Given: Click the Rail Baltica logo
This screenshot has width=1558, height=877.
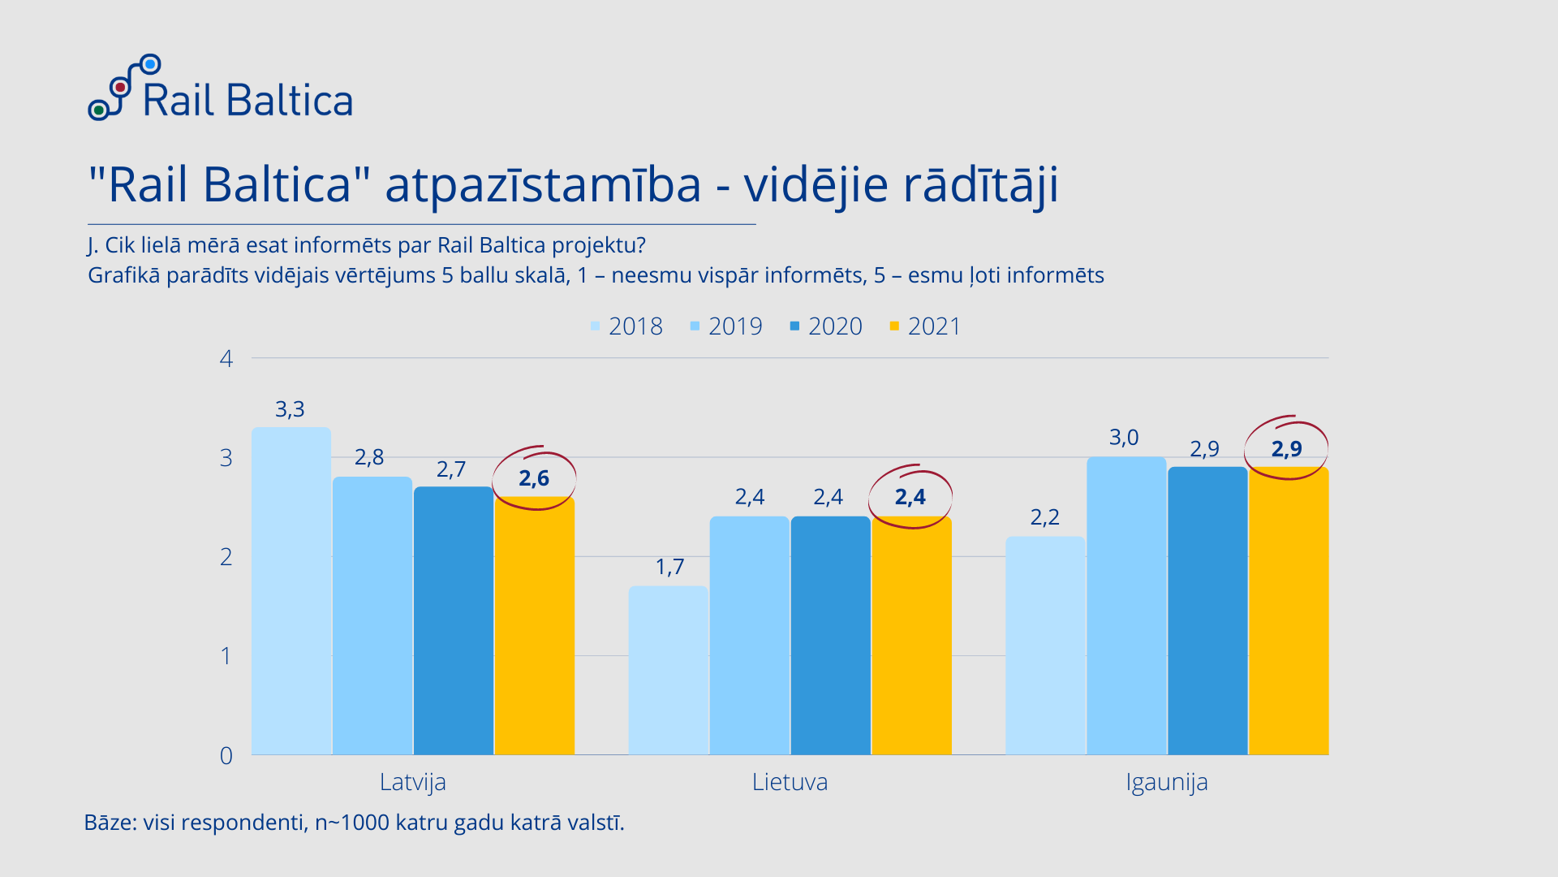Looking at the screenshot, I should [x=221, y=89].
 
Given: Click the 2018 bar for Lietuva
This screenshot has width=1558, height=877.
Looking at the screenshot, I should [x=669, y=670].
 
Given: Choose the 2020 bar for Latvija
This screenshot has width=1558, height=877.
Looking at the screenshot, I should [x=454, y=620].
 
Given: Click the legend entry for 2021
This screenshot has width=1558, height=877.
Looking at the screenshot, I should [x=925, y=326].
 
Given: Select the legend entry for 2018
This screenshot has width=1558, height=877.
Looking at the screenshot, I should [x=626, y=326].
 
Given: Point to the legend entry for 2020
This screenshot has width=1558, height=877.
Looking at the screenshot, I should [x=826, y=326].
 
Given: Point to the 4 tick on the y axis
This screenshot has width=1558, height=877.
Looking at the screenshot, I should [x=226, y=358].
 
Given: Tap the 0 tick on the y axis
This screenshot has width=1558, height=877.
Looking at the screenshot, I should [x=226, y=755].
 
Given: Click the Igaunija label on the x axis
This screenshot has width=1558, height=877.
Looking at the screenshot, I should [x=1167, y=782].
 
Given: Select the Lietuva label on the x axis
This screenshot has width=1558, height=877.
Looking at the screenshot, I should [x=790, y=782].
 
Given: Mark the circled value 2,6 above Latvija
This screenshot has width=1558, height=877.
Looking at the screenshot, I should [x=534, y=478].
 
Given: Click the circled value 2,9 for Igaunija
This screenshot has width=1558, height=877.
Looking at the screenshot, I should [x=1286, y=449].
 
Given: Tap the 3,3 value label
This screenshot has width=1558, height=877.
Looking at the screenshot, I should [x=290, y=409].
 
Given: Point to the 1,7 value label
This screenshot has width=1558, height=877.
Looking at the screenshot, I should [x=669, y=567].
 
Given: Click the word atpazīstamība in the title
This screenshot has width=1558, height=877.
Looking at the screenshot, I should [x=543, y=185].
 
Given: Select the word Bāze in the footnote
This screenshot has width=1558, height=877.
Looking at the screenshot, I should [x=109, y=823].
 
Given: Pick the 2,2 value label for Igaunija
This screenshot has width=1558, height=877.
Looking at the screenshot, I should [x=1044, y=517].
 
